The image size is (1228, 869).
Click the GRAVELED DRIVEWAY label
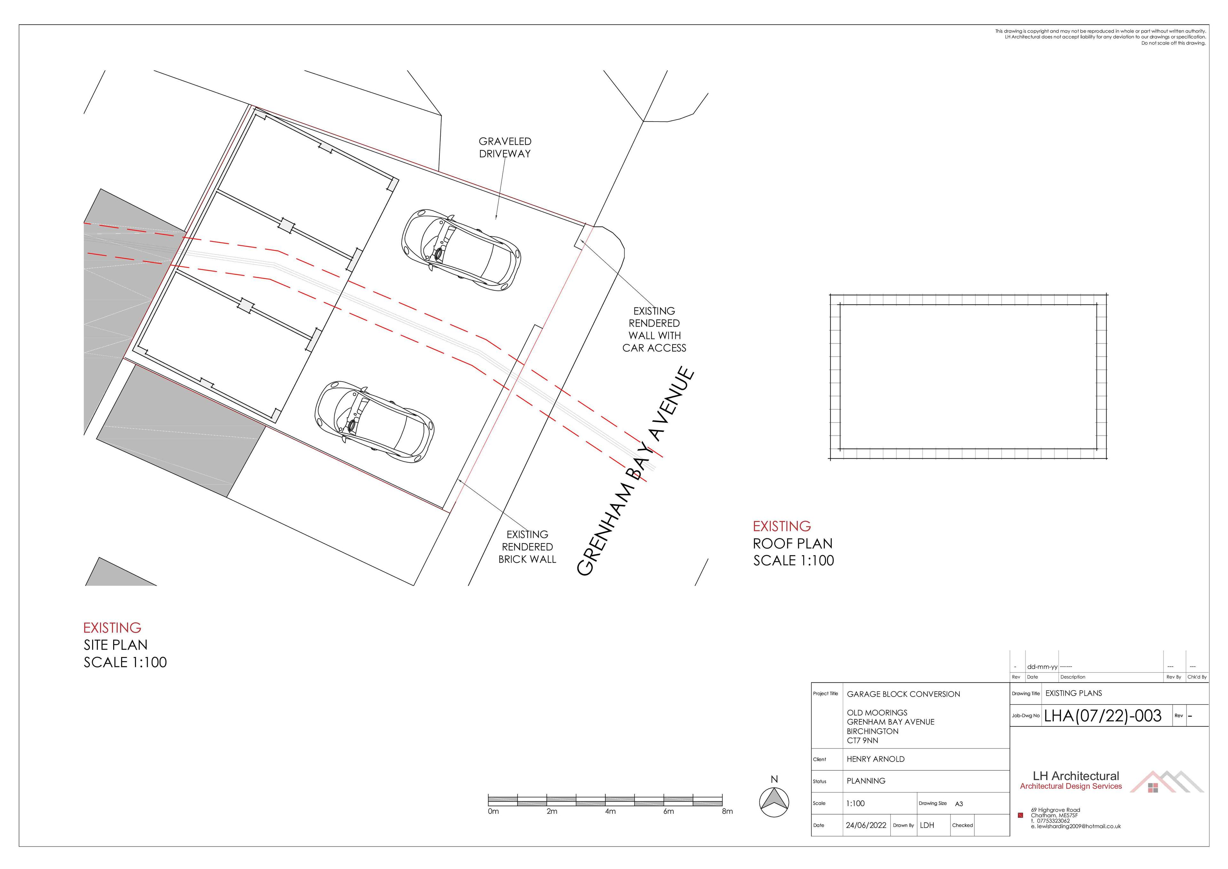[x=505, y=147]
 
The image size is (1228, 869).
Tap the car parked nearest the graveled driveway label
[x=461, y=250]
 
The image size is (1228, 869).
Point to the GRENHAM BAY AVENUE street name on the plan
[x=636, y=471]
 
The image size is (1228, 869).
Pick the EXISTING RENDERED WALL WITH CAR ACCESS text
[x=654, y=329]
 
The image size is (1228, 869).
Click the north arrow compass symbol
[x=774, y=802]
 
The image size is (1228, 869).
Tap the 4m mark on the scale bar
[x=610, y=811]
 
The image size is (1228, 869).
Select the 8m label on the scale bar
[x=727, y=811]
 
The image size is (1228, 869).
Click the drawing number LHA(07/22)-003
[x=1103, y=716]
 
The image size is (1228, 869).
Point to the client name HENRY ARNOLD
[x=875, y=759]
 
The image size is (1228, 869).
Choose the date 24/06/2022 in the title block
[x=866, y=825]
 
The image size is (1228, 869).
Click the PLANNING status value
[x=866, y=781]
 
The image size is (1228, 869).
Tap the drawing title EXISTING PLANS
[x=1073, y=693]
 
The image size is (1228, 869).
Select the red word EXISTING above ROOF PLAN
[x=782, y=526]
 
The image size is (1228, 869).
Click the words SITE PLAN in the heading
[x=115, y=645]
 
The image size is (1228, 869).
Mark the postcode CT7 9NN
[x=862, y=740]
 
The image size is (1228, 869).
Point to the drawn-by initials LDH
[x=927, y=825]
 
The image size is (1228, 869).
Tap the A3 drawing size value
[x=959, y=804]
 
